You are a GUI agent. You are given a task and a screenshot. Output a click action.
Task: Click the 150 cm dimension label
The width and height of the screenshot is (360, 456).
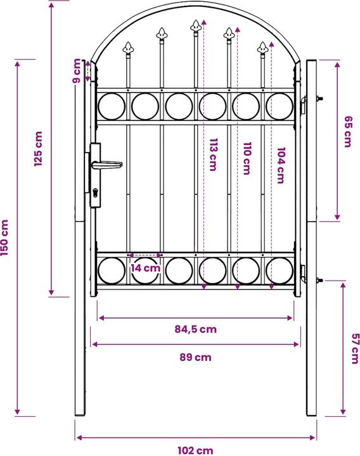(x=6, y=238)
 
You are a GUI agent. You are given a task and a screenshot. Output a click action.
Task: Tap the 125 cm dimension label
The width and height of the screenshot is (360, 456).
(x=39, y=149)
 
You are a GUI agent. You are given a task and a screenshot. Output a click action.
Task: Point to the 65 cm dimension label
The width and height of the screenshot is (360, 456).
(x=347, y=132)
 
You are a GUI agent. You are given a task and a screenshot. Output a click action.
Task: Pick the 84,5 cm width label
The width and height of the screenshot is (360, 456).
(x=195, y=329)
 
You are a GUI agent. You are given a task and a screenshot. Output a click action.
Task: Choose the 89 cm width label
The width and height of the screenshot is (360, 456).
(x=195, y=357)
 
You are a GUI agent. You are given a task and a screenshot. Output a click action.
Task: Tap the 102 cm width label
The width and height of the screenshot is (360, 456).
(x=195, y=450)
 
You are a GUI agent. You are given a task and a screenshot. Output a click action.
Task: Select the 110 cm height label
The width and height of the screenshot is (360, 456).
(x=247, y=159)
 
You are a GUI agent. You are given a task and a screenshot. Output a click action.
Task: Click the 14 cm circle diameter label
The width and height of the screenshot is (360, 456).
(x=146, y=268)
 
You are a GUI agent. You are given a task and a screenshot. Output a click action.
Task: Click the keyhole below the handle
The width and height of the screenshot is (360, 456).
(x=95, y=193)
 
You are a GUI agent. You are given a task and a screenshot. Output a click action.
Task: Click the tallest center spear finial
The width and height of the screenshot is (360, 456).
(x=195, y=26)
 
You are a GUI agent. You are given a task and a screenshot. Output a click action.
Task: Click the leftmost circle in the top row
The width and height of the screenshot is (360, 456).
(x=112, y=106)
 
